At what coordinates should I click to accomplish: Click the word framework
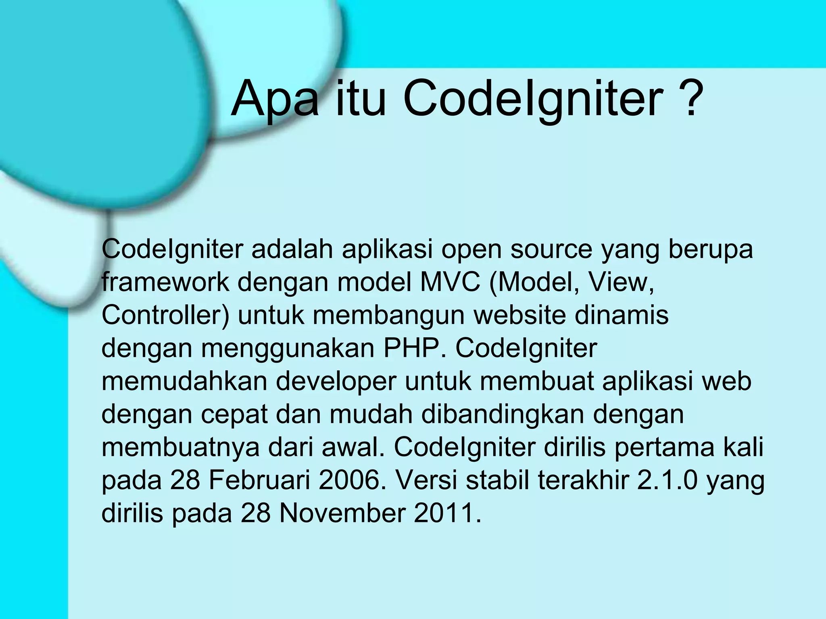[165, 282]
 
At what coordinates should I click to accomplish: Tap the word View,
[621, 282]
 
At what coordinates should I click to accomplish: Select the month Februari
[259, 480]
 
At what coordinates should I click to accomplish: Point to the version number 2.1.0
[667, 480]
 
